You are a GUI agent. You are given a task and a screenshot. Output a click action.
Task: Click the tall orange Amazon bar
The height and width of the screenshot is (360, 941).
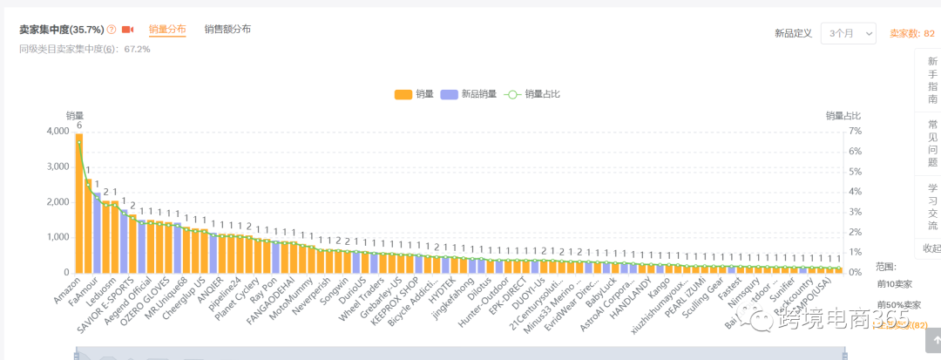79,205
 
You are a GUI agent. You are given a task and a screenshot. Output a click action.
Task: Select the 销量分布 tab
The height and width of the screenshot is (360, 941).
166,30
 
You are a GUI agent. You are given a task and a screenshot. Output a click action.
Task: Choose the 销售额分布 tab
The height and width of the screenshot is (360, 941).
227,30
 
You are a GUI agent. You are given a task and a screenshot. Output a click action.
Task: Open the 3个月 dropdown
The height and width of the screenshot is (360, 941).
848,33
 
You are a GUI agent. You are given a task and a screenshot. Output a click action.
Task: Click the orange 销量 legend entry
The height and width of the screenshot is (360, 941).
414,94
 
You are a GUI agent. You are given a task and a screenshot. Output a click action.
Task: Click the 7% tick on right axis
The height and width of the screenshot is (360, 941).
855,132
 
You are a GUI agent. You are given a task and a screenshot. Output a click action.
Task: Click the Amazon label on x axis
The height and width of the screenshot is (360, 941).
68,290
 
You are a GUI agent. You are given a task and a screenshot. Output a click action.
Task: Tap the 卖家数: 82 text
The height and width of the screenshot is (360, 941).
911,34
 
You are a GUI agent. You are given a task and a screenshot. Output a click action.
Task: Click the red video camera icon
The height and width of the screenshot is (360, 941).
128,30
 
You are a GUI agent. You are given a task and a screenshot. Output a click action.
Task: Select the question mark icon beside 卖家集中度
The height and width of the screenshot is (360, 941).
112,30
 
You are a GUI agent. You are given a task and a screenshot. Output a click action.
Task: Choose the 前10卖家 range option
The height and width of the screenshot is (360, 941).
895,284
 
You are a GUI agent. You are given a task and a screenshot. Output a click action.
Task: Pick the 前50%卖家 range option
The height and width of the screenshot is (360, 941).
898,304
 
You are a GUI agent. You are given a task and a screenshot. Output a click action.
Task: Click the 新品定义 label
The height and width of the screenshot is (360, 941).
793,34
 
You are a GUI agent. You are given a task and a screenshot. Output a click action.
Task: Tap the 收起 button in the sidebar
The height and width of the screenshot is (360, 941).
930,248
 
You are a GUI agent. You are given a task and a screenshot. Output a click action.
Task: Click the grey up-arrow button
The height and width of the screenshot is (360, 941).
930,343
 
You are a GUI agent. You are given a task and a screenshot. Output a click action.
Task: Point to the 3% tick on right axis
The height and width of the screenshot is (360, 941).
855,212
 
